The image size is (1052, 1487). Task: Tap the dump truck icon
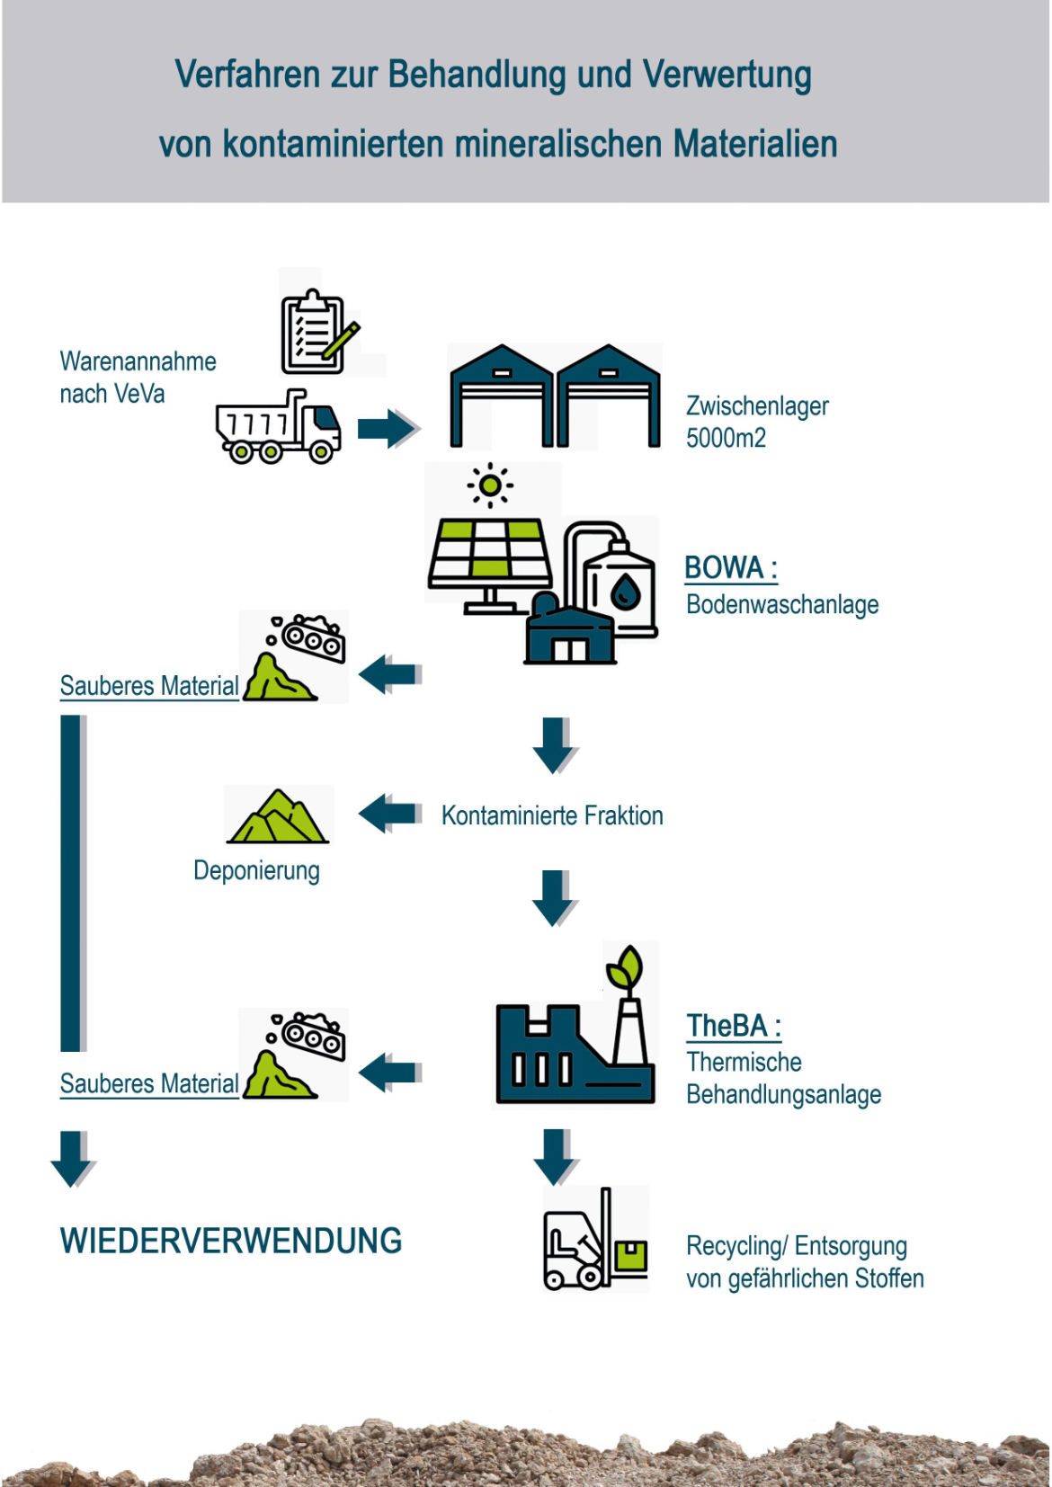[279, 428]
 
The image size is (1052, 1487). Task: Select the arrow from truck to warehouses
[388, 428]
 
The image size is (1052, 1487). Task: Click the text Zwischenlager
[757, 406]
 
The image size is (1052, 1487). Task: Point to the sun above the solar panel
[490, 485]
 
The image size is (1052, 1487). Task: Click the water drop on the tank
[625, 592]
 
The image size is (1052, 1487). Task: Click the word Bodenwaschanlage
[782, 605]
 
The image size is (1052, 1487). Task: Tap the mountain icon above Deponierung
[278, 816]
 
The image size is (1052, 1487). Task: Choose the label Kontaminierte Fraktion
[552, 816]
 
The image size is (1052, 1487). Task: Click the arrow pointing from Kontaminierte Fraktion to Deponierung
[389, 814]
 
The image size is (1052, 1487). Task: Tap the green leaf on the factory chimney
[626, 966]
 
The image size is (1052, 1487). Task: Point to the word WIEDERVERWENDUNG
[231, 1242]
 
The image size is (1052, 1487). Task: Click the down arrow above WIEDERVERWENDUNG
[73, 1159]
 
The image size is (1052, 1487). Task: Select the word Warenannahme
[138, 361]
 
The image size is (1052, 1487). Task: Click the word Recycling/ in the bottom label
[736, 1247]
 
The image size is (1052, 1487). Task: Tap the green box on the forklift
[631, 1256]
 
